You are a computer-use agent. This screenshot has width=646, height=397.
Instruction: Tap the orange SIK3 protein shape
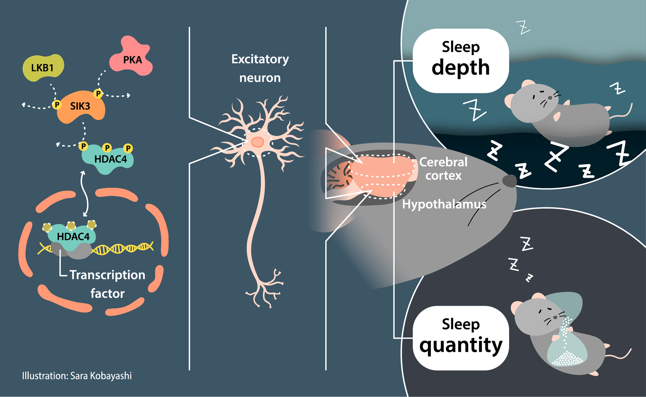[x=81, y=107]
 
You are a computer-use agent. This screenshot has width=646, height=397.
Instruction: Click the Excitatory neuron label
[x=260, y=68]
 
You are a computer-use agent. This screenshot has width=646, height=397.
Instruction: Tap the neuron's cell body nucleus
[x=257, y=142]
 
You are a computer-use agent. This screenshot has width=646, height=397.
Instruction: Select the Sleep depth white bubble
[x=461, y=61]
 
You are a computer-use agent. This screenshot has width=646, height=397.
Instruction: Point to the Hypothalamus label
[x=444, y=204]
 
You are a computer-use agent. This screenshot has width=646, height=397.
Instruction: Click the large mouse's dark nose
[x=509, y=181]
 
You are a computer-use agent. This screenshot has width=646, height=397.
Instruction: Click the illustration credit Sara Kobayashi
[x=77, y=376]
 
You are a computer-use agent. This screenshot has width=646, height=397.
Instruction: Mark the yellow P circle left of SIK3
[x=57, y=105]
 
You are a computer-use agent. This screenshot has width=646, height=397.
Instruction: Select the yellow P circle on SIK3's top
[x=98, y=93]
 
